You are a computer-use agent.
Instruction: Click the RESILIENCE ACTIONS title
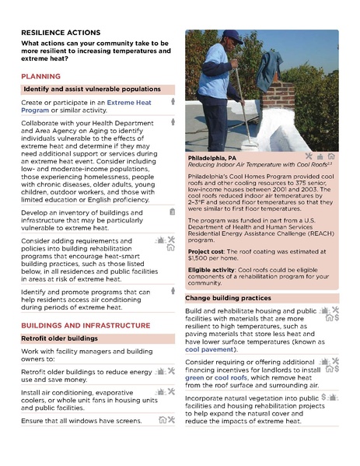(x=61, y=33)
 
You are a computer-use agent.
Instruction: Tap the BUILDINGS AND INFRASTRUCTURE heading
(x=86, y=324)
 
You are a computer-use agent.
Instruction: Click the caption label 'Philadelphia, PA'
(x=213, y=157)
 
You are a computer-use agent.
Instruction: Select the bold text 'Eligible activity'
(x=212, y=272)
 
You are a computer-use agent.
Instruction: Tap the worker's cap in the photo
(x=232, y=34)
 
